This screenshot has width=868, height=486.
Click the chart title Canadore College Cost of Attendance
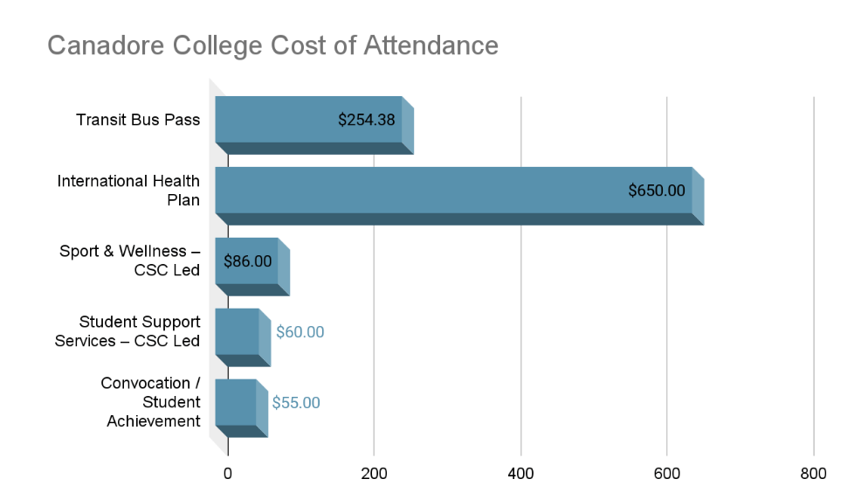tap(272, 45)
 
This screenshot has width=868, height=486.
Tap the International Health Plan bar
tap(419, 191)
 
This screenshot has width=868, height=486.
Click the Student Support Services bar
tap(237, 332)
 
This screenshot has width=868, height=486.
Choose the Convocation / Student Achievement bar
tap(235, 403)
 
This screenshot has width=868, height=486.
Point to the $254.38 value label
tap(367, 120)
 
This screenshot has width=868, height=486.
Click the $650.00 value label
tap(657, 191)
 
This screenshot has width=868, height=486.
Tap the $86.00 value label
tap(248, 260)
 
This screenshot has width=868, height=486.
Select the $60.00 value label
tap(300, 332)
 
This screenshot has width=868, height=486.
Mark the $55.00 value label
tap(296, 403)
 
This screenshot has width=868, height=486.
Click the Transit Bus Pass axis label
tap(138, 120)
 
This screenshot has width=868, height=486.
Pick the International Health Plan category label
tap(129, 191)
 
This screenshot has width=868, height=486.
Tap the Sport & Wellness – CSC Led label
tap(130, 260)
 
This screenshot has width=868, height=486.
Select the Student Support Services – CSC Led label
tap(127, 331)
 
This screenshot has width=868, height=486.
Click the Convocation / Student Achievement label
tap(150, 402)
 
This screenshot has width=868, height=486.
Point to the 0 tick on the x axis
tap(228, 474)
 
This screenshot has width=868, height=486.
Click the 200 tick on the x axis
tap(374, 474)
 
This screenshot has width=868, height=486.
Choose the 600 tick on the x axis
tap(667, 474)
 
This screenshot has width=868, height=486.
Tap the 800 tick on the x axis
tap(813, 474)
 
